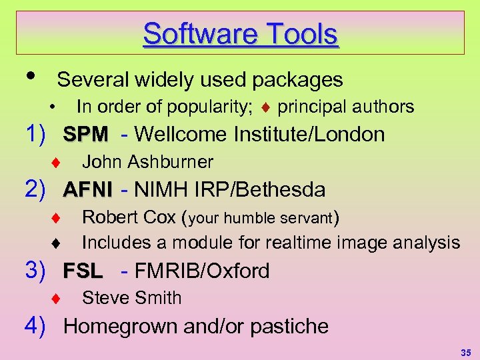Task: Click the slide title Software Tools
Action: click(240, 33)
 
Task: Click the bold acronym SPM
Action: click(85, 135)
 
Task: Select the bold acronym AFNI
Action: click(88, 190)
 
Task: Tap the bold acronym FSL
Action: click(83, 271)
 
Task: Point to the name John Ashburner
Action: click(147, 162)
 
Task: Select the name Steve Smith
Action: click(131, 298)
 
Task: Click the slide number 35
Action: click(465, 351)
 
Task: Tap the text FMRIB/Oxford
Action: click(202, 271)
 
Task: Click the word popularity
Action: click(211, 107)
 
